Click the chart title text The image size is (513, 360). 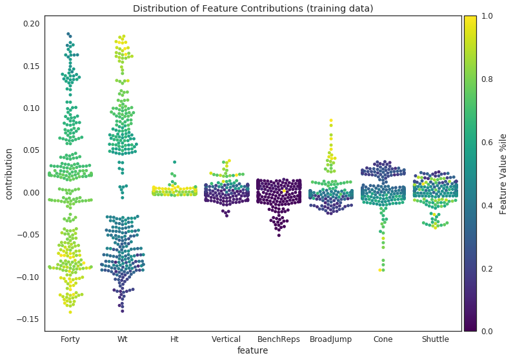click(x=253, y=8)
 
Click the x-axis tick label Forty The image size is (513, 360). click(x=70, y=339)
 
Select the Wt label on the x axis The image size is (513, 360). click(x=122, y=339)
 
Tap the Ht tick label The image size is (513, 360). click(x=174, y=339)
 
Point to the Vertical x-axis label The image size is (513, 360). click(x=226, y=339)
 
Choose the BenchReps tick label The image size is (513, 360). click(x=279, y=339)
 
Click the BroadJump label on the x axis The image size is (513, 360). click(x=331, y=339)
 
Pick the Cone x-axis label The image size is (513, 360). click(x=383, y=339)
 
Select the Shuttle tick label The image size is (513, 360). click(x=435, y=339)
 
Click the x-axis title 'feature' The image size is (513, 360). click(x=252, y=350)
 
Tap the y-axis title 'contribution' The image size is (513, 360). click(x=10, y=173)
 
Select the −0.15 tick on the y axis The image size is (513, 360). click(x=29, y=319)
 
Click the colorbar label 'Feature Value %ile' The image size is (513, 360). click(x=503, y=174)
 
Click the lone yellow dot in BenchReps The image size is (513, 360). click(x=283, y=191)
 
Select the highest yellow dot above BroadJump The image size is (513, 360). click(x=331, y=121)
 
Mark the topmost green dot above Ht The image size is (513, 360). click(x=174, y=162)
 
